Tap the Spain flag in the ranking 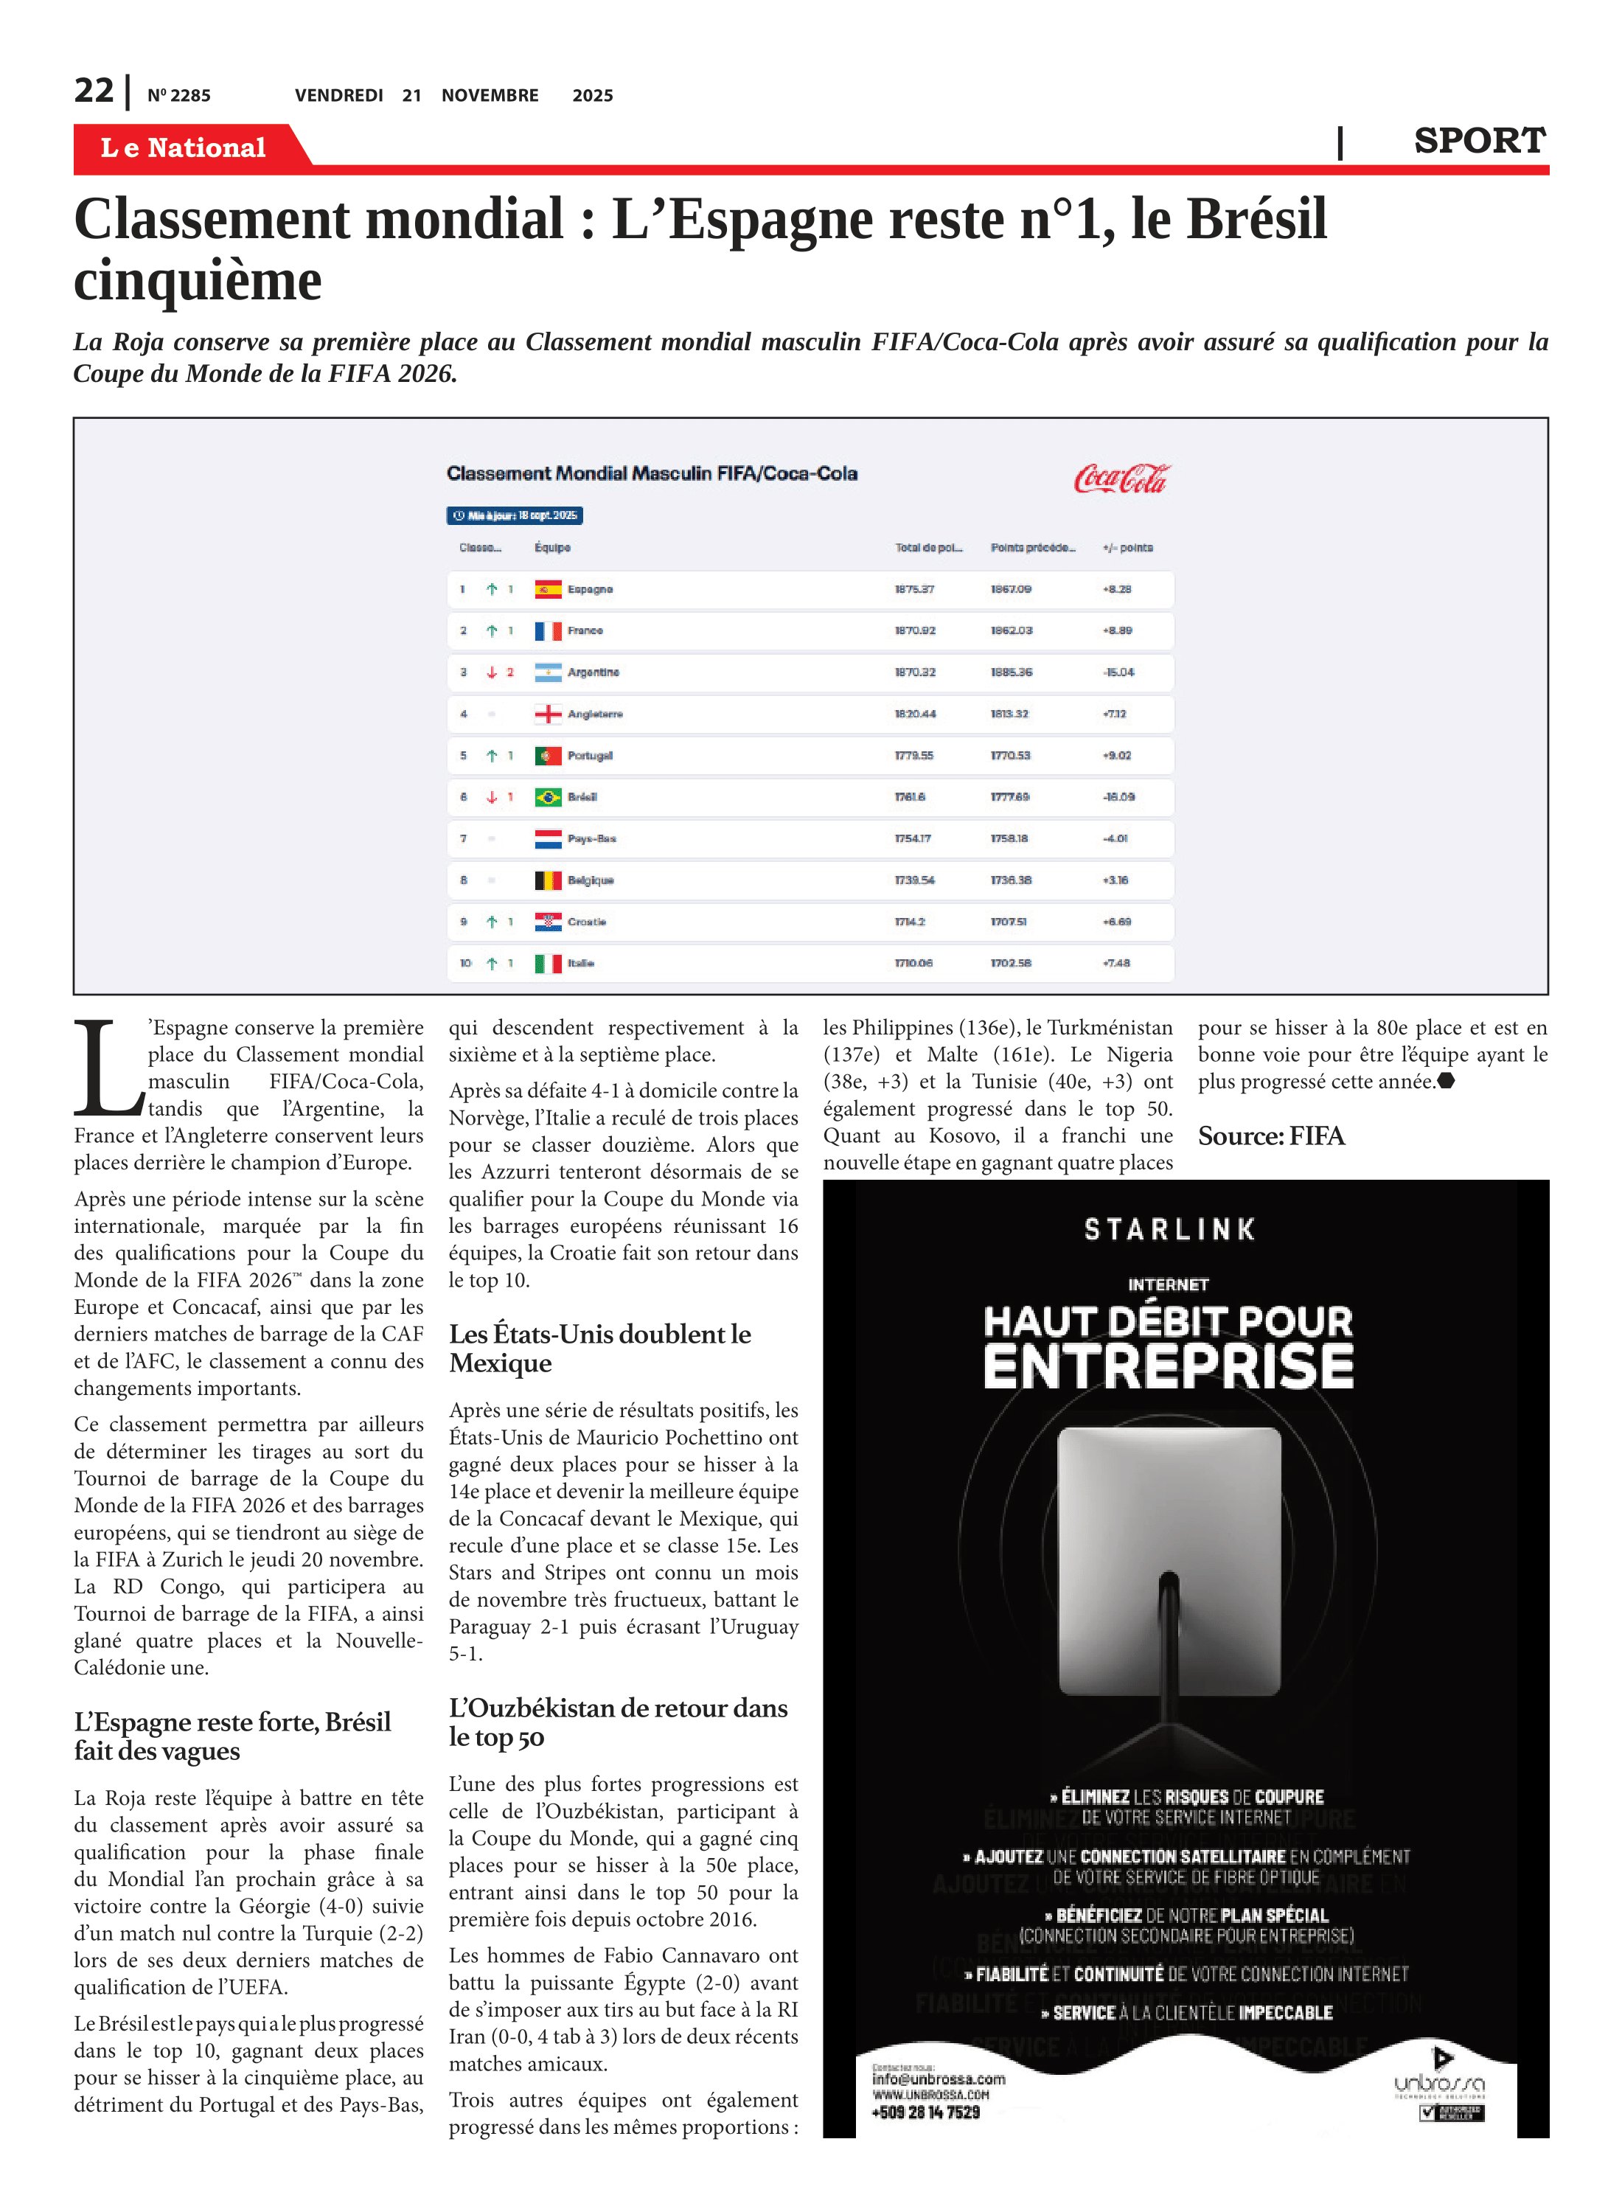tap(548, 589)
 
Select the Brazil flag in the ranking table tap(548, 797)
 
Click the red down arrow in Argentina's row tap(492, 672)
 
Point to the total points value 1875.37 tap(914, 589)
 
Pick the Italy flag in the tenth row tap(548, 963)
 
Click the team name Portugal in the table tap(589, 756)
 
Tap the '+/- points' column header tap(1127, 548)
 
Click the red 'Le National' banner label tap(184, 147)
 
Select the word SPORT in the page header tap(1479, 142)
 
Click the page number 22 tap(94, 91)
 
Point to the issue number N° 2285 tap(178, 96)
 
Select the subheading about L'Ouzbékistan tap(618, 1722)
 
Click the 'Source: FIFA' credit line tap(1270, 1136)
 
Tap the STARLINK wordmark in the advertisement tap(1169, 1229)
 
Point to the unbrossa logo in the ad tap(1438, 2084)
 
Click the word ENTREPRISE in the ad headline tap(1169, 1367)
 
